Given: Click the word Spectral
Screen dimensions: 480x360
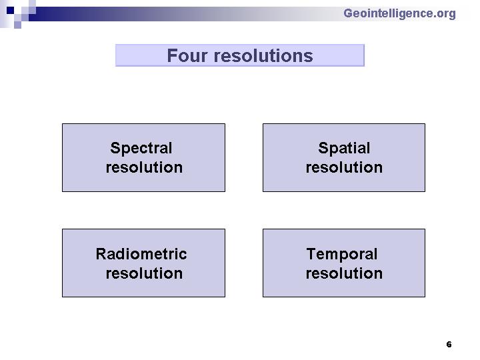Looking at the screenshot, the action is (141, 148).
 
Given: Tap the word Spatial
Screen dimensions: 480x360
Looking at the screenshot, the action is (344, 149).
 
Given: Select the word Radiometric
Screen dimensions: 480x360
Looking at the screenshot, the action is (141, 254).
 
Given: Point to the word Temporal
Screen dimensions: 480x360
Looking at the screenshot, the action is (342, 255).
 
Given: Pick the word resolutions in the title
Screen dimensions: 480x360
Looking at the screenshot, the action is (263, 56).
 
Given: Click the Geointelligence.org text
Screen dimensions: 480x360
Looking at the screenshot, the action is (399, 13).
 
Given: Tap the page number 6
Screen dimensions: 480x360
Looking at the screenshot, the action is (449, 345).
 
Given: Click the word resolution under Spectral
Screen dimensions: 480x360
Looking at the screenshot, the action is (144, 167).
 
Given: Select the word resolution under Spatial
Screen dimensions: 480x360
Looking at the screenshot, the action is (344, 167).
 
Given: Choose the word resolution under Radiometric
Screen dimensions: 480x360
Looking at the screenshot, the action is (144, 273).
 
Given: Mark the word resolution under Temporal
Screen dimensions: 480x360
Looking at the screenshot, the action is (344, 273).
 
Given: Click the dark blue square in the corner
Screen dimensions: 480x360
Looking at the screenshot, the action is (10, 11).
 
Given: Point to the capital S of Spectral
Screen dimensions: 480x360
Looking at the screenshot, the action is (115, 148).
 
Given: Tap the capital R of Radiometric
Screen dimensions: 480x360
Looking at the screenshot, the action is (101, 254).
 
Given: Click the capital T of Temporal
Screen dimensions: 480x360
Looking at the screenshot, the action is (312, 254).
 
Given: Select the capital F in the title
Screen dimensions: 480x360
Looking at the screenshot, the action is (172, 56).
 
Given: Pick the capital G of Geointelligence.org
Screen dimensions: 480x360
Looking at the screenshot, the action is (349, 13).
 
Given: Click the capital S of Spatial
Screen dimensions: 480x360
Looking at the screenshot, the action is (323, 148).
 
